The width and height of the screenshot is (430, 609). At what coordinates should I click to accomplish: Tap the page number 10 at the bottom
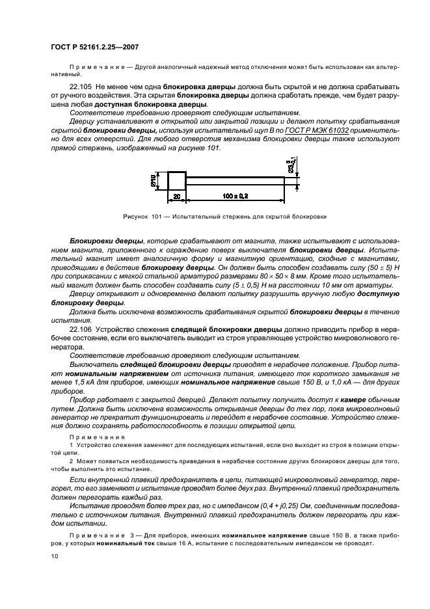(55, 556)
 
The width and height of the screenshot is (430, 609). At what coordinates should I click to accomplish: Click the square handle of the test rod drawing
(178, 180)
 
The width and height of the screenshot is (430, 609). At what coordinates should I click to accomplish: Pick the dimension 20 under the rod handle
(176, 196)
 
